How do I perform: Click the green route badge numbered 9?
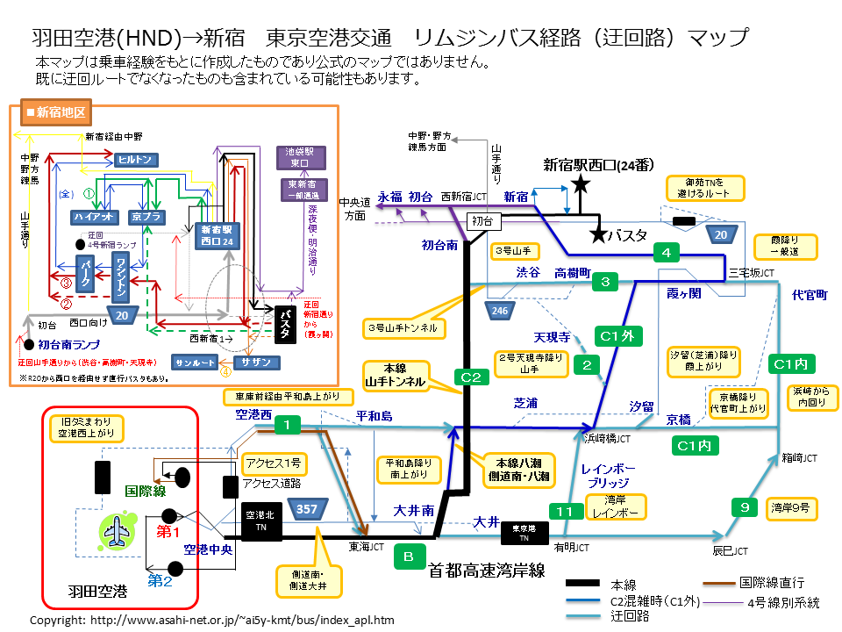coord(745,506)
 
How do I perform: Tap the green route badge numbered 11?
coord(566,511)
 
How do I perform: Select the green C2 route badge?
coord(471,377)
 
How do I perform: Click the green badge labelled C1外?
coord(621,335)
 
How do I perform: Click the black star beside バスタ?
coord(598,234)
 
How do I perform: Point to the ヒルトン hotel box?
coord(137,159)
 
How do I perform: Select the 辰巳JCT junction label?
coord(729,551)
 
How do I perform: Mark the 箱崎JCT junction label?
coord(799,457)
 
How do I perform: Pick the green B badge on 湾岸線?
coord(409,556)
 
